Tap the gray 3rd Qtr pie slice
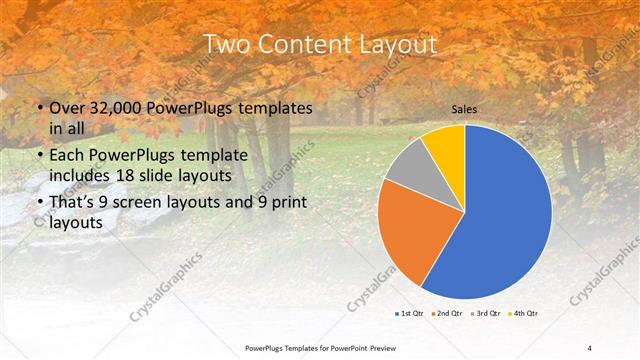click(x=410, y=166)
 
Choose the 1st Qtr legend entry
click(x=409, y=314)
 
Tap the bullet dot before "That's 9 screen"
click(x=39, y=203)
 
